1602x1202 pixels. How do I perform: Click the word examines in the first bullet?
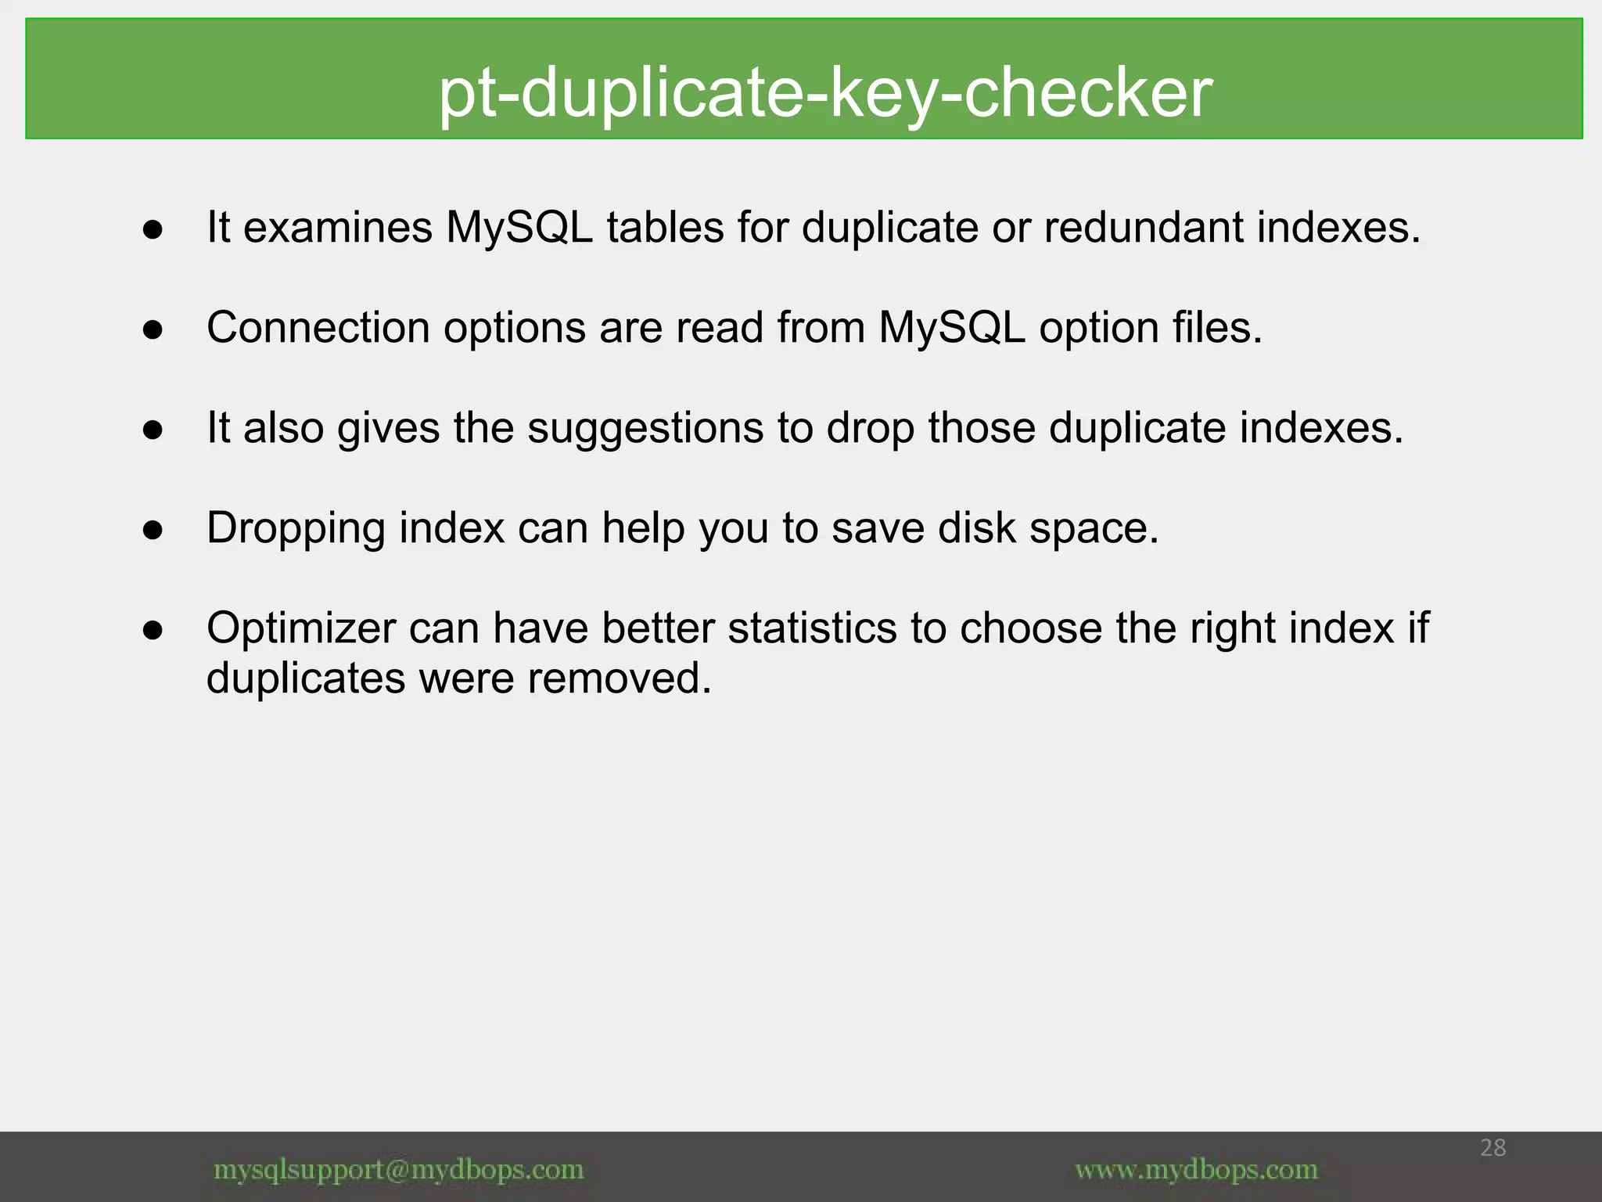338,228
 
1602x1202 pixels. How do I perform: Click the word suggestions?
645,428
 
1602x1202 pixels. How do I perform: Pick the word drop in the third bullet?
871,428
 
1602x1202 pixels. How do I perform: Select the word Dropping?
296,528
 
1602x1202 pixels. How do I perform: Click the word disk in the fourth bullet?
976,528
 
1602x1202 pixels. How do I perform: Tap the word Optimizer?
301,628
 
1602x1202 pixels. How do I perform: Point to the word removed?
620,678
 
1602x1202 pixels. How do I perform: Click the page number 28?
1492,1148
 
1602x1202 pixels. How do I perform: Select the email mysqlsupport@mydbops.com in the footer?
399,1170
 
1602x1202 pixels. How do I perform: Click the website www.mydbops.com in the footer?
1196,1170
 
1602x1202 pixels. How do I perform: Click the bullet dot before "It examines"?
153,230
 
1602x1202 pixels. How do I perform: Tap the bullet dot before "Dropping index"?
153,531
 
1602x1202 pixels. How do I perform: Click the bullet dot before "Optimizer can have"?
153,631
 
